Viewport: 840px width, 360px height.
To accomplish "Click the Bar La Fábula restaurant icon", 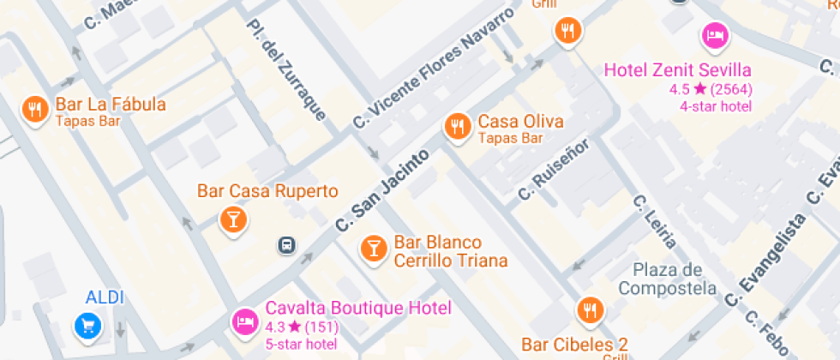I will point(34,109).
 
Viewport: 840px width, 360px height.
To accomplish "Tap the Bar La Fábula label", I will point(110,105).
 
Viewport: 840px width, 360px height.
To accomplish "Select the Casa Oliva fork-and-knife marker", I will point(458,127).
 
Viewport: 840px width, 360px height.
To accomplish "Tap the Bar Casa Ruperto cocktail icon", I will point(231,219).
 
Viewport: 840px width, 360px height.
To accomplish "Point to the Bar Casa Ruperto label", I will point(267,190).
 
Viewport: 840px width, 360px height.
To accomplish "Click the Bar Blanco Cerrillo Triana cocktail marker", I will point(373,249).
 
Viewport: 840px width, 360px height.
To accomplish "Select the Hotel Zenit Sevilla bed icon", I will point(715,35).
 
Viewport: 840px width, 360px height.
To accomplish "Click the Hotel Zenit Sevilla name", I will point(677,69).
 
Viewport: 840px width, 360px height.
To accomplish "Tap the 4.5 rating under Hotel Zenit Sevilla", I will point(679,88).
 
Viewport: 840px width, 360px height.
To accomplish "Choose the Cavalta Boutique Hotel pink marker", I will point(245,321).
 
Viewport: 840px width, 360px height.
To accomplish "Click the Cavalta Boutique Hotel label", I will point(358,308).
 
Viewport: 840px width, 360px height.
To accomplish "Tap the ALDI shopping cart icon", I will point(87,325).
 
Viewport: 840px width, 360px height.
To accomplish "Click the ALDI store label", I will point(105,297).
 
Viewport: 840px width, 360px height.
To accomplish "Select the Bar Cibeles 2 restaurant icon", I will point(589,309).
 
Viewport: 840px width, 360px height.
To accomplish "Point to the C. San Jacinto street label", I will point(382,190).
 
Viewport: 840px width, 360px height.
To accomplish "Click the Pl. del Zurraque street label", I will point(285,69).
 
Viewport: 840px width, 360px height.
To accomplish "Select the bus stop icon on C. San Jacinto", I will point(286,246).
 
